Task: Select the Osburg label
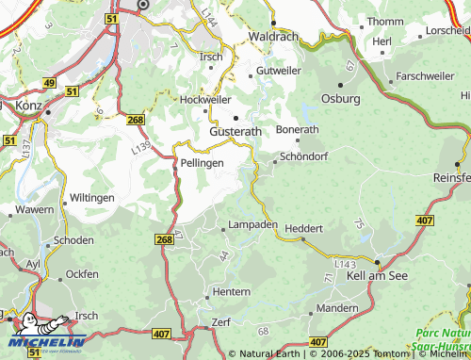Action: pyautogui.click(x=341, y=98)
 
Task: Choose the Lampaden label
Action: pyautogui.click(x=253, y=225)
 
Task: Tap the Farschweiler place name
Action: pyautogui.click(x=424, y=75)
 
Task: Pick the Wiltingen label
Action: pyautogui.click(x=92, y=198)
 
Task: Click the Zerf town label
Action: pyautogui.click(x=221, y=322)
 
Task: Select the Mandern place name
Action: pyautogui.click(x=337, y=308)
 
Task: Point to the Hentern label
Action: pyautogui.click(x=232, y=292)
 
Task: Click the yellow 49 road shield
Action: pyautogui.click(x=49, y=84)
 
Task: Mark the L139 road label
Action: pyautogui.click(x=141, y=147)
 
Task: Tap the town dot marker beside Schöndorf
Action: pyautogui.click(x=274, y=161)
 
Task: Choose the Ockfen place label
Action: pyautogui.click(x=82, y=274)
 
